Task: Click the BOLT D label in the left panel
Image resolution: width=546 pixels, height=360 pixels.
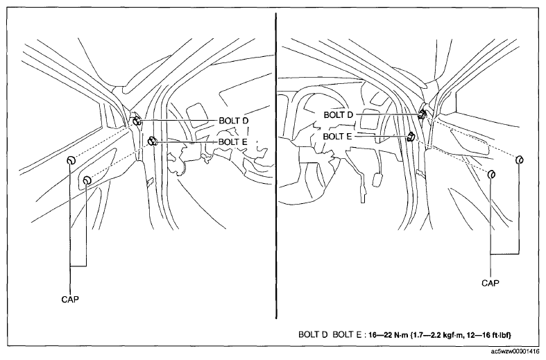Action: point(234,121)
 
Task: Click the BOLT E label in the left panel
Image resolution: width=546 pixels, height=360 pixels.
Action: point(233,142)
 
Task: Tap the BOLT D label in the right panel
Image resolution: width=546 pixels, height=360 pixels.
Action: point(339,114)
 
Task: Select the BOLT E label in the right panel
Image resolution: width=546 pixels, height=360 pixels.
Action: point(337,137)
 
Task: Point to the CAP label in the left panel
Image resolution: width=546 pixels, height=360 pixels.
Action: point(70,300)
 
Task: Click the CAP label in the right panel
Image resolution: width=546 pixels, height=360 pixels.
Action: point(490,283)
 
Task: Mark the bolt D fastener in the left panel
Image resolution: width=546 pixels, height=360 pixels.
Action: point(137,121)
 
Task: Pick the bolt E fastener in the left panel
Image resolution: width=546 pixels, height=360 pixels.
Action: point(152,142)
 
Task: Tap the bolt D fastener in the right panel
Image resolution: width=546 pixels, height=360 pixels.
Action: point(423,114)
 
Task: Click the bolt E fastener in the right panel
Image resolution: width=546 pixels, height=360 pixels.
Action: point(411,137)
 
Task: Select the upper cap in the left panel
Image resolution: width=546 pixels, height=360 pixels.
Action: point(71,160)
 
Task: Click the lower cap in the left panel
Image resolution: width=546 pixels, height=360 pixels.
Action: point(87,180)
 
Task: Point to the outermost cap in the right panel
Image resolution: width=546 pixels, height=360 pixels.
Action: point(520,160)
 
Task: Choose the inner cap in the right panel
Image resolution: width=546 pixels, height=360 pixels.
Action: point(492,174)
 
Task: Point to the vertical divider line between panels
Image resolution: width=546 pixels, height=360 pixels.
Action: point(276,166)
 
